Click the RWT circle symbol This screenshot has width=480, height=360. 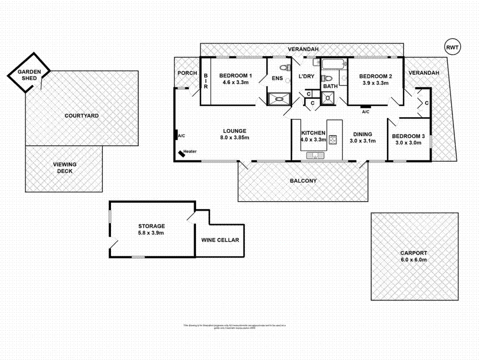coord(452,47)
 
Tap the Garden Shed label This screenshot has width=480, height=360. coord(29,75)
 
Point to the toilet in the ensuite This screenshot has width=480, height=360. coord(283,68)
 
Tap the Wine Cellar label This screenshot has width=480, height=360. coord(220,240)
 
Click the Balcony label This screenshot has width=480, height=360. coord(303,181)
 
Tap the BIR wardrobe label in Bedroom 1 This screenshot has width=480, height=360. coord(205,81)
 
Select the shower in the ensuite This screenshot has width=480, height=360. coord(279,98)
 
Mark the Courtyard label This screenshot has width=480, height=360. coord(81,116)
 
